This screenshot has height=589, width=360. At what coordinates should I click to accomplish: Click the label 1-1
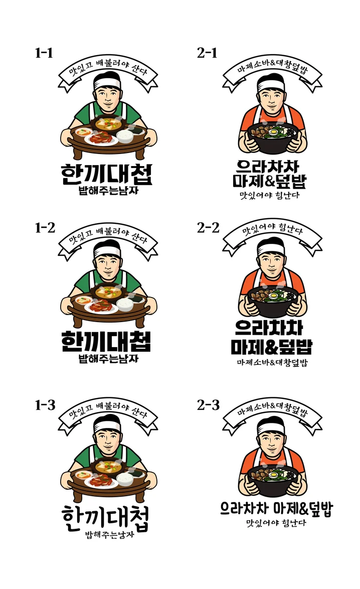pos(44,53)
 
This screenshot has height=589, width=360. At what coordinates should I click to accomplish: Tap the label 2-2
pos(208,228)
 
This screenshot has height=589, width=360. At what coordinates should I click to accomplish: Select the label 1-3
pos(45,405)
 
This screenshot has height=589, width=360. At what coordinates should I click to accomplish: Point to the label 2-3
pos(208,405)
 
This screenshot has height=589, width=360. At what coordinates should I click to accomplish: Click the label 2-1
pos(207,53)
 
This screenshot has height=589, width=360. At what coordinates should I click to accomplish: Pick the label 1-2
pos(45,228)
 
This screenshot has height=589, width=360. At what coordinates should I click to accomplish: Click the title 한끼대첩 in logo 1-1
pos(107,174)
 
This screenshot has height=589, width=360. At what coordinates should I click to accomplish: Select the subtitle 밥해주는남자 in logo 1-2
pos(108,359)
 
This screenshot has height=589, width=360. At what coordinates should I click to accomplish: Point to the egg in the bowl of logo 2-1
pos(273,132)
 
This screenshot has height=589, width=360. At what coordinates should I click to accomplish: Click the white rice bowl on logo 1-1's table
pos(125,136)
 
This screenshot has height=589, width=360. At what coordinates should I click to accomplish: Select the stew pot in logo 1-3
pos(108,468)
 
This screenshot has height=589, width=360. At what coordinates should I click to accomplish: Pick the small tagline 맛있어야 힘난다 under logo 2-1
pos(270,195)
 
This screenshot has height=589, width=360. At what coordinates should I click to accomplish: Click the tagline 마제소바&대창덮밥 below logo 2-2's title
pos(272,363)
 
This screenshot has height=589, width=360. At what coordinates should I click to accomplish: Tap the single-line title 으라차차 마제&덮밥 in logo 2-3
pos(277,509)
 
